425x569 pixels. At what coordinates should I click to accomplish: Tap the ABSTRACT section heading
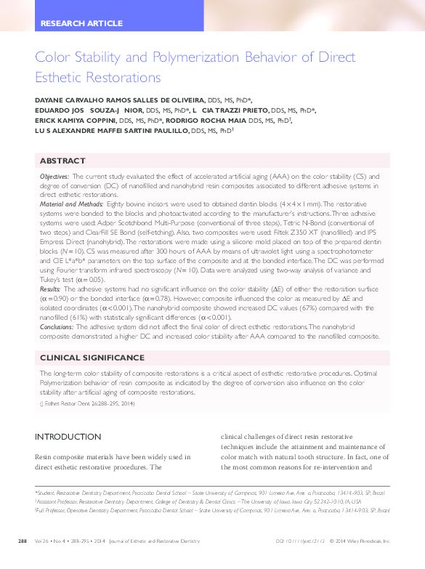62,161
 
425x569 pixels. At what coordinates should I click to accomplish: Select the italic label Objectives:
54,177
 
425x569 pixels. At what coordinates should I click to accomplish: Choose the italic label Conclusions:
57,327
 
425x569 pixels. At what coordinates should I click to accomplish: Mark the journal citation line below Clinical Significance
88,403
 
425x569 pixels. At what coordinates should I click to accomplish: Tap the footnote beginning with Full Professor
211,510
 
